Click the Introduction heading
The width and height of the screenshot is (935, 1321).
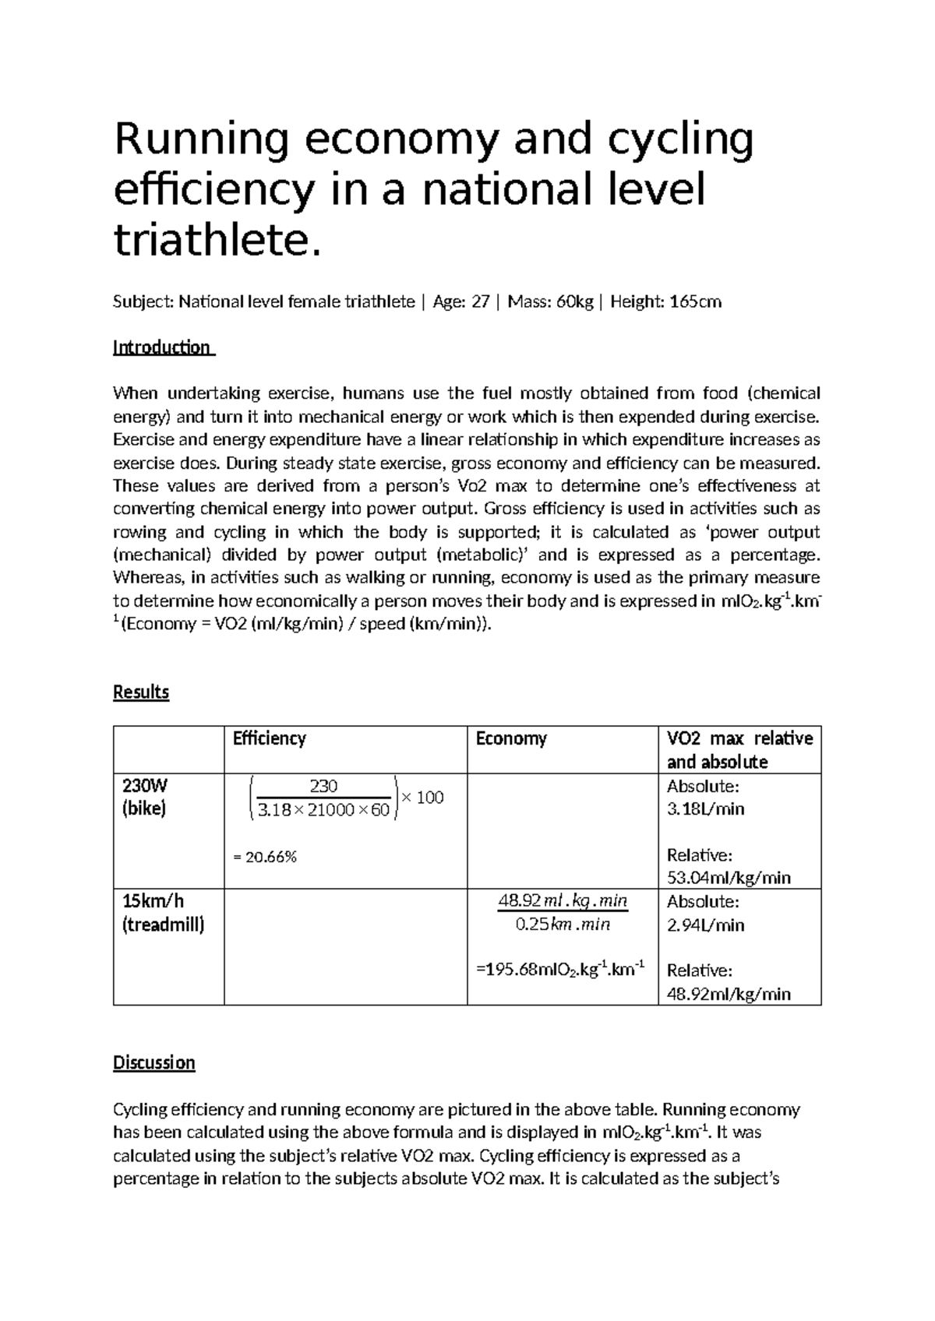(163, 347)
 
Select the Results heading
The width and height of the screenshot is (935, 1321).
(141, 692)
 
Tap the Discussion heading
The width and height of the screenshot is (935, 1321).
(154, 1063)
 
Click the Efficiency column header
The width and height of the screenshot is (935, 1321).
(269, 738)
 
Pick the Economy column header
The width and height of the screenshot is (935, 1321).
(511, 738)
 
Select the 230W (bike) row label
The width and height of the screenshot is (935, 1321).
(145, 797)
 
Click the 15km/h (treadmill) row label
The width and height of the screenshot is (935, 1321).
(163, 913)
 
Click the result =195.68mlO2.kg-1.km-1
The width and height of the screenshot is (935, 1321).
(560, 970)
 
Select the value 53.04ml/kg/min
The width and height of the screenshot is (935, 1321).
(729, 878)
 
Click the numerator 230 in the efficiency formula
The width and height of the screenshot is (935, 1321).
(323, 787)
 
